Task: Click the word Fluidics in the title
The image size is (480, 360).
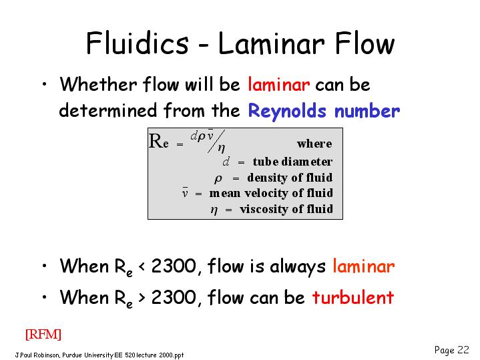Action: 137,43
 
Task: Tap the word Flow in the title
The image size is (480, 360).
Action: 365,43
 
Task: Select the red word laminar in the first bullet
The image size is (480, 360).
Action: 278,84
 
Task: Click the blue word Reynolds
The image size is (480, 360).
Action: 287,110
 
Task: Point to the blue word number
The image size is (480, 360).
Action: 367,110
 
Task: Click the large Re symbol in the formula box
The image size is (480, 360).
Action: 159,142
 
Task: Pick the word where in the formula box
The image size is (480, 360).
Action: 314,144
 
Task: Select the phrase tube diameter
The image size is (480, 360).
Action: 292,162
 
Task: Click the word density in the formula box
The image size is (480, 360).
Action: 267,178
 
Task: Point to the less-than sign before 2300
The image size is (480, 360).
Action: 142,266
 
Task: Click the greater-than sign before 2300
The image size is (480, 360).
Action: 142,297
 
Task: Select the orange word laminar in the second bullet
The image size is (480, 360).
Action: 364,266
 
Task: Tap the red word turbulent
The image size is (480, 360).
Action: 352,297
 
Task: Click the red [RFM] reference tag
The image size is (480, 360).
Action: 43,334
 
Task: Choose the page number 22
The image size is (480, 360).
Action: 463,349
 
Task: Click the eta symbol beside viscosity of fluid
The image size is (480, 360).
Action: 214,210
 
